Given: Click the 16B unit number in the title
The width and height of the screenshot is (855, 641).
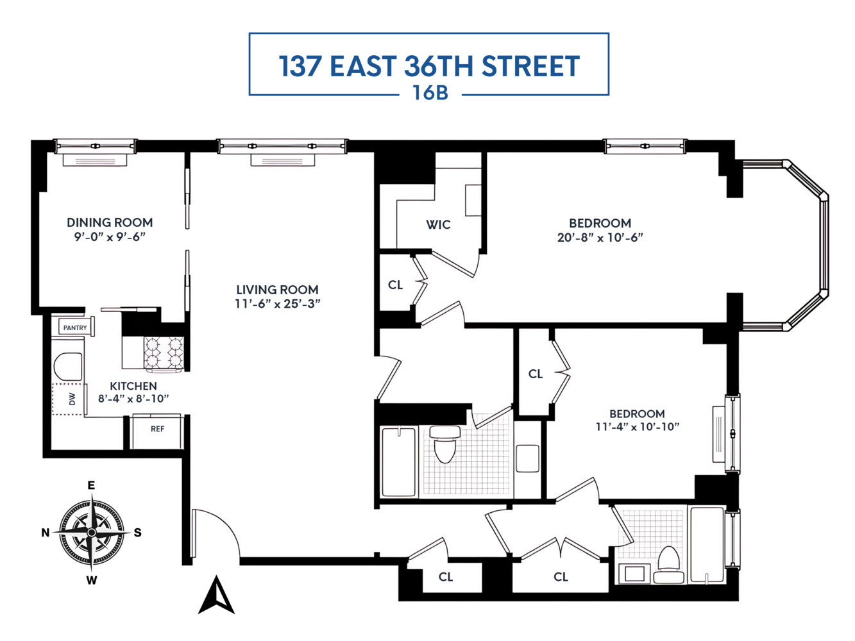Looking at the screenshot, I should coord(430,93).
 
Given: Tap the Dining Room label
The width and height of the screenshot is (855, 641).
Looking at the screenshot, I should coord(110,222).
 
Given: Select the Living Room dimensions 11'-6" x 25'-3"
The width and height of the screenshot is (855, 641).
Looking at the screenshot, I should coord(277,304).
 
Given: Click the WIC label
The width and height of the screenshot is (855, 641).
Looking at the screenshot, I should coord(438,224).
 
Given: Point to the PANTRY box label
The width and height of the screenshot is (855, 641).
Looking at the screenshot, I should coord(75,328).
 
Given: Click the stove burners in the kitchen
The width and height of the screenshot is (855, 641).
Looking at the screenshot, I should coord(164,353).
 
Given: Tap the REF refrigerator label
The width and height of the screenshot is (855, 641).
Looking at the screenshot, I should coord(157,429).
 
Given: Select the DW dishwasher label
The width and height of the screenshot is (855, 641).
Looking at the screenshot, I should coord(72,399).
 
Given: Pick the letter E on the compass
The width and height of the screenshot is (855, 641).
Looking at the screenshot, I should coord(91,485).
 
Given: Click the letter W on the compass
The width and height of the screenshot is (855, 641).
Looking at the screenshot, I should coord(92,581).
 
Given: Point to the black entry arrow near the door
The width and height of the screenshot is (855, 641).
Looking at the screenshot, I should coord(216,595).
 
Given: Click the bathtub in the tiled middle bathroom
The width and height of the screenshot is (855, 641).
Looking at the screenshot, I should coord(398,461).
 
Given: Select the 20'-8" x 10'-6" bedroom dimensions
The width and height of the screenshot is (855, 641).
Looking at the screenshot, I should coord(600,237).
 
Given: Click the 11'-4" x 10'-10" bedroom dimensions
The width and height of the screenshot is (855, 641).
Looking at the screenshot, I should coord(637,427).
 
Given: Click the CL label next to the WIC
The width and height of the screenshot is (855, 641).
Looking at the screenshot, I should coord(395,285).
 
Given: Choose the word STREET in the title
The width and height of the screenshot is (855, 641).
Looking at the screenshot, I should coord(530,66).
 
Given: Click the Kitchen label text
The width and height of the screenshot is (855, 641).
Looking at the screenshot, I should coord(133,386).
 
